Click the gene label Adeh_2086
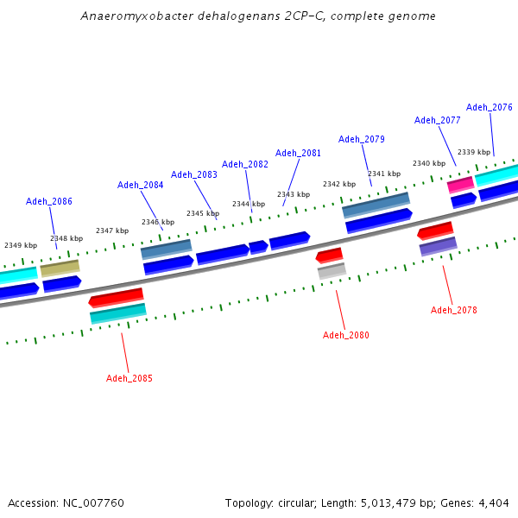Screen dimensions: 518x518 (x=49, y=201)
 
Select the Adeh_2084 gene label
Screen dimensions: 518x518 (x=141, y=185)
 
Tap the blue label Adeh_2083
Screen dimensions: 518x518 (x=194, y=174)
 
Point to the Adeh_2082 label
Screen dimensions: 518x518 (x=245, y=164)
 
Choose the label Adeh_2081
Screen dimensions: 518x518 (x=299, y=153)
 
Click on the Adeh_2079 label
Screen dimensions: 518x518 (x=362, y=139)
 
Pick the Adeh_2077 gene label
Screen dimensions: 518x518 (x=438, y=120)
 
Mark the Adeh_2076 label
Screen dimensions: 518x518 (x=490, y=107)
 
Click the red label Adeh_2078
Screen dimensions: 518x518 (x=454, y=310)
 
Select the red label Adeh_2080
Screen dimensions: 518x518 (x=346, y=335)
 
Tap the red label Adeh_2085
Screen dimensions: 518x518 (x=129, y=378)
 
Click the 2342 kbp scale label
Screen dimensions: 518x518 (x=339, y=184)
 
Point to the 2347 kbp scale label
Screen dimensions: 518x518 (x=112, y=231)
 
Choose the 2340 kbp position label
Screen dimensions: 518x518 (x=429, y=163)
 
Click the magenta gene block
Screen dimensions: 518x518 (x=460, y=184)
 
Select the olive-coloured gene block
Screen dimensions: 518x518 (x=60, y=268)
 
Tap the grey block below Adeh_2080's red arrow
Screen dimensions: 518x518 (x=332, y=271)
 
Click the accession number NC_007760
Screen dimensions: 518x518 (x=92, y=502)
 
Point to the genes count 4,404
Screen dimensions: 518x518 (x=493, y=502)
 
